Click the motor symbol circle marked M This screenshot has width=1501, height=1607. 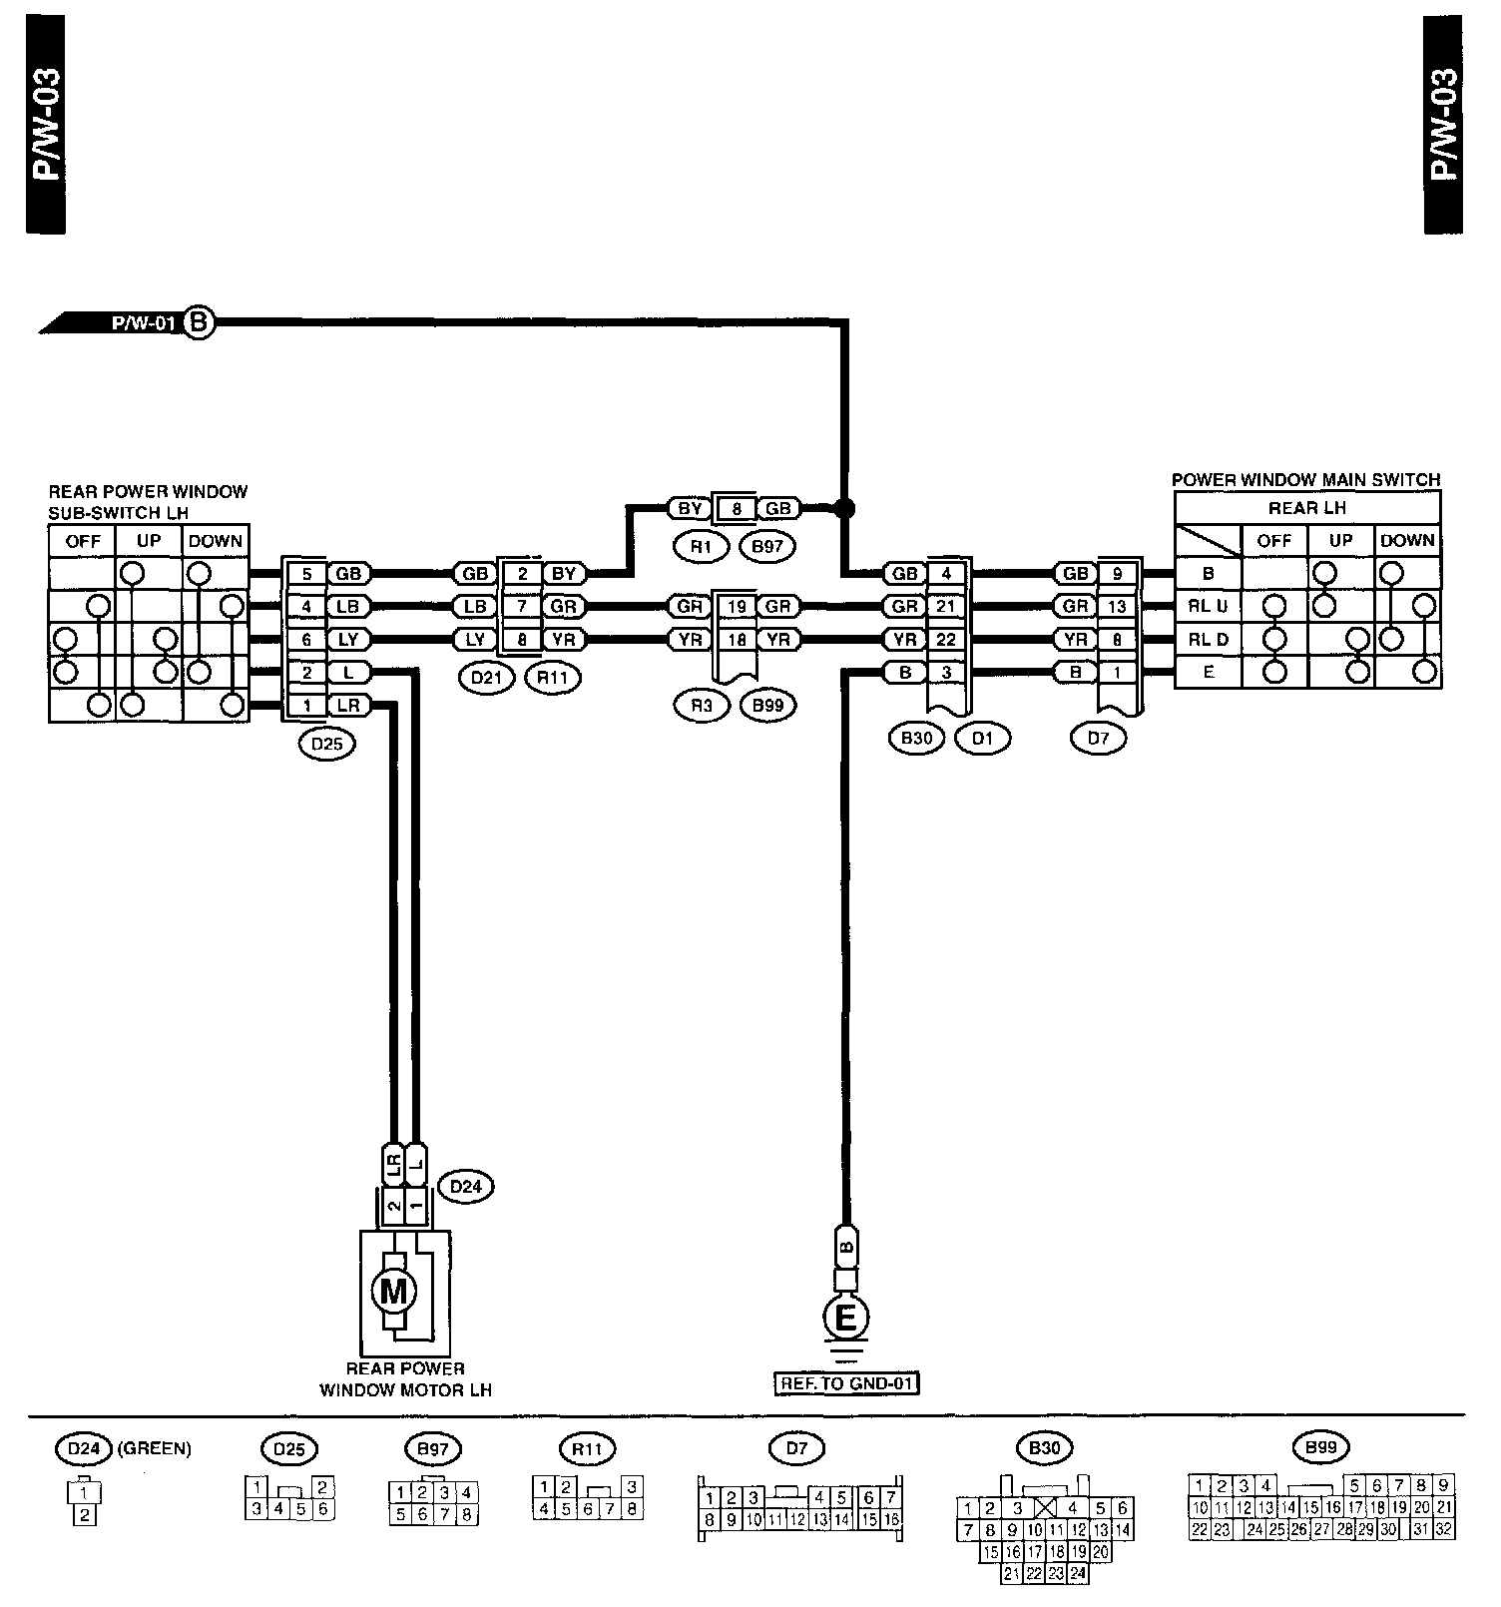tap(394, 1292)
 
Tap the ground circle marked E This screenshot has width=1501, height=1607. tap(845, 1319)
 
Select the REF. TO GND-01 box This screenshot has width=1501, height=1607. tap(845, 1384)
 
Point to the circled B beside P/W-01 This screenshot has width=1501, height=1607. tap(200, 322)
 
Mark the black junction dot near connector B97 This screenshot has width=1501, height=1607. tap(845, 508)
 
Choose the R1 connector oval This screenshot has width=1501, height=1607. tap(701, 545)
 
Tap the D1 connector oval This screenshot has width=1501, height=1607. tap(982, 739)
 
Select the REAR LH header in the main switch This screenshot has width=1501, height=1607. tap(1307, 508)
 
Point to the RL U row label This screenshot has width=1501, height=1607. tap(1208, 606)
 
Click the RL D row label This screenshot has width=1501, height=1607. tap(1208, 639)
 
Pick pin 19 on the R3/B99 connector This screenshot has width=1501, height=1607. tap(737, 606)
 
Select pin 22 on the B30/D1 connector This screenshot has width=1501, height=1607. tap(946, 640)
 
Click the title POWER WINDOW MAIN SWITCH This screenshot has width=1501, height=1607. tap(1305, 480)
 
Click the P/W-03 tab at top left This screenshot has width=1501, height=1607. tap(47, 126)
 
